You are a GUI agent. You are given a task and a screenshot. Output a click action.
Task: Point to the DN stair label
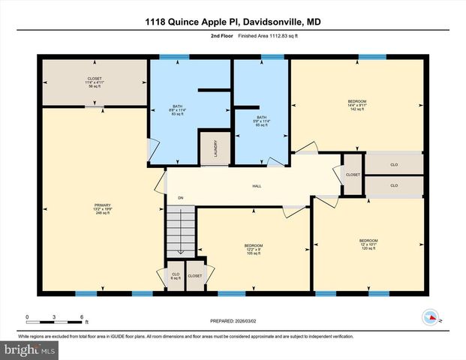click(180, 198)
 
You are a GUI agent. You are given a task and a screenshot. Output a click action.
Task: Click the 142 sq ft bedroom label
click(356, 104)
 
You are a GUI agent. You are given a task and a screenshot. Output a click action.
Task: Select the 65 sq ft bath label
click(261, 121)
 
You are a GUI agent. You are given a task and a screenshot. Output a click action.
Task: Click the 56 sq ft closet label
click(94, 82)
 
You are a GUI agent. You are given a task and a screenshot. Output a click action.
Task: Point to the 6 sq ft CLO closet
click(176, 276)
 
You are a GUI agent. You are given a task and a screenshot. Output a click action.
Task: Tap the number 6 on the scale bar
click(81, 316)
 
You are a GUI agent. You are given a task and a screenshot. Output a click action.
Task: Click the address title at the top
click(233, 22)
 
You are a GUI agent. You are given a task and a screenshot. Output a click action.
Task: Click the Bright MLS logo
click(29, 349)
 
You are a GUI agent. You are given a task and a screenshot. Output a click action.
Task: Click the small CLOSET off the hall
click(353, 175)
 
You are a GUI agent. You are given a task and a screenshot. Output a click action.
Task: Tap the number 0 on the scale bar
click(27, 316)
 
